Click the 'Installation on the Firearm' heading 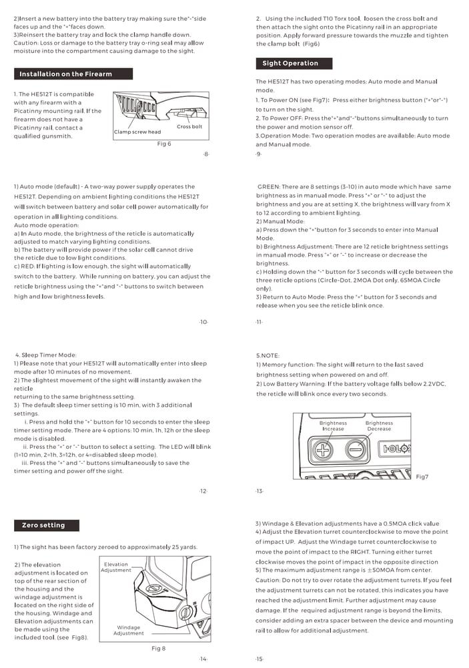point(65,74)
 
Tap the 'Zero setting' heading point(43,526)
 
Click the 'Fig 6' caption point(164,144)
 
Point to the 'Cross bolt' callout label point(189,127)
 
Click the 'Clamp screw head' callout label point(137,132)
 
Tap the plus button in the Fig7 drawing point(324,450)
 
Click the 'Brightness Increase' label point(333,426)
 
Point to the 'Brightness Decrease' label point(379,426)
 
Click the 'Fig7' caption point(422,477)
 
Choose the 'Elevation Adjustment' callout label point(116,567)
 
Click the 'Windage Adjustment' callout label point(128,631)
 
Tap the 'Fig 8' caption point(159,648)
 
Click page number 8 point(206,154)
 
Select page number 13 point(259,492)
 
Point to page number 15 point(259,659)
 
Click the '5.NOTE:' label point(268,355)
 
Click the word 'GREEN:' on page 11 point(272,187)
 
